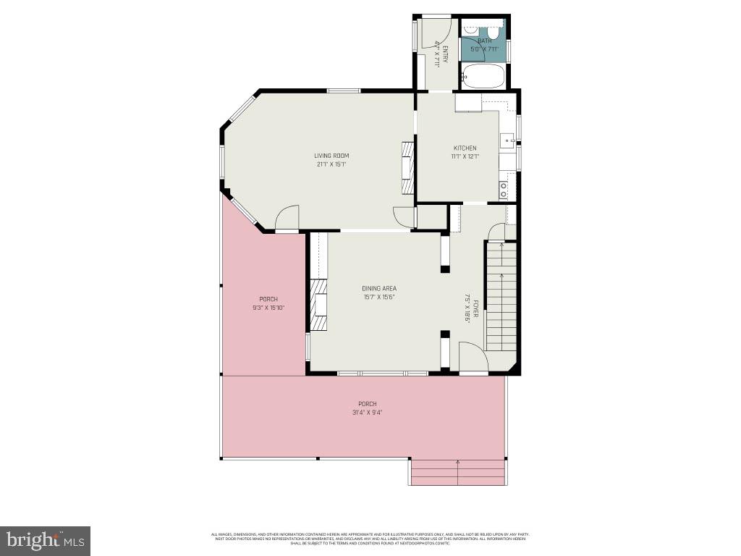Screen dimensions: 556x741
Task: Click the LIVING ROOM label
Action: pos(331,156)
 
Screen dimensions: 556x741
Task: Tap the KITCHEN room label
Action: pos(465,148)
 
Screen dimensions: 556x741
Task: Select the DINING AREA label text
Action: pos(379,288)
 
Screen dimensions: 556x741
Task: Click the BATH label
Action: pos(484,41)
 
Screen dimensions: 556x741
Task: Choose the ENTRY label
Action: pos(444,55)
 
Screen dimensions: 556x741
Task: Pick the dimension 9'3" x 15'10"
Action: pos(268,308)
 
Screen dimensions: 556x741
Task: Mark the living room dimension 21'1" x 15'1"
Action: pos(331,164)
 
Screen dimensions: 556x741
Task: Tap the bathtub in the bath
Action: pos(483,75)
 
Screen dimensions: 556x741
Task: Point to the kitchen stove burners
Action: pos(503,190)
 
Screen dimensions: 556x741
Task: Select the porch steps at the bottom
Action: pos(457,471)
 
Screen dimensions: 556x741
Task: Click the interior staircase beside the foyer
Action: pos(501,297)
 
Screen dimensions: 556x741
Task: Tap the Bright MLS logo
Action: pos(45,540)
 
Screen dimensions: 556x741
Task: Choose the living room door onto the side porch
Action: pos(287,217)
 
